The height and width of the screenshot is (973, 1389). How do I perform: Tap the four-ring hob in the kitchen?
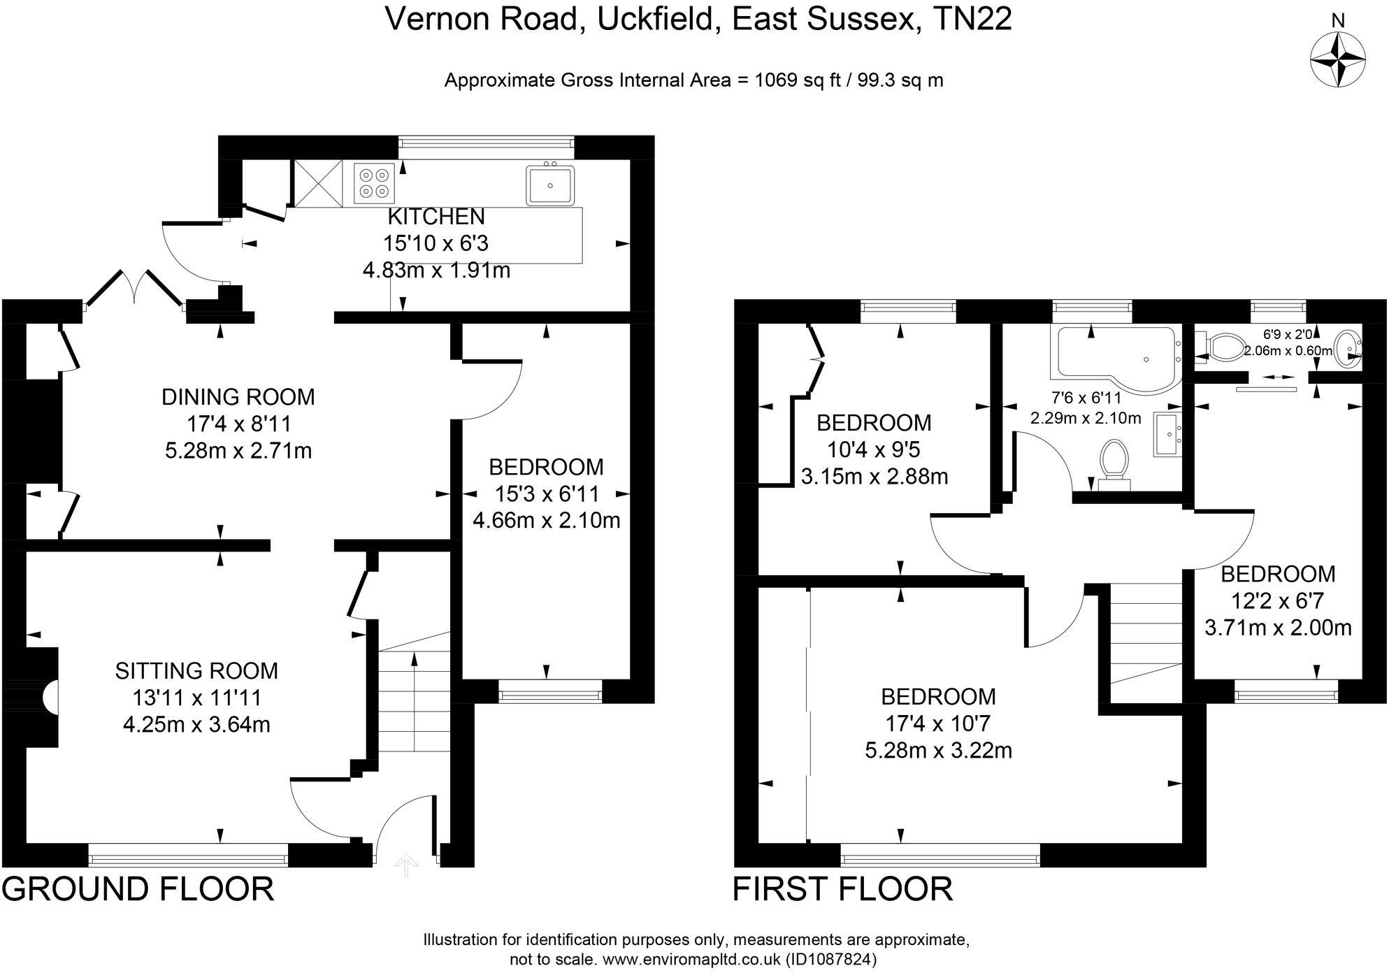374,182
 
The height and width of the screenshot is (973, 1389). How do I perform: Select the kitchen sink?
550,185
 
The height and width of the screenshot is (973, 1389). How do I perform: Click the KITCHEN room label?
436,217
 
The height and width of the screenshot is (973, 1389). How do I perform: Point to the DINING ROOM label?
238,397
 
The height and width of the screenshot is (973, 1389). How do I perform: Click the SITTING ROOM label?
196,671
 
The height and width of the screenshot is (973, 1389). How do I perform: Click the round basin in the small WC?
1346,347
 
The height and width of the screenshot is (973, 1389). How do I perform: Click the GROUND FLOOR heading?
138,889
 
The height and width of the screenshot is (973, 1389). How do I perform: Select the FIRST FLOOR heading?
842,889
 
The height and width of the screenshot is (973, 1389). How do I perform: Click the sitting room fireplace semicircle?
51,697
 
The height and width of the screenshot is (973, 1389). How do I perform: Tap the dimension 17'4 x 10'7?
938,723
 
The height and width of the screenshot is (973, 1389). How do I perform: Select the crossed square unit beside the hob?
318,183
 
